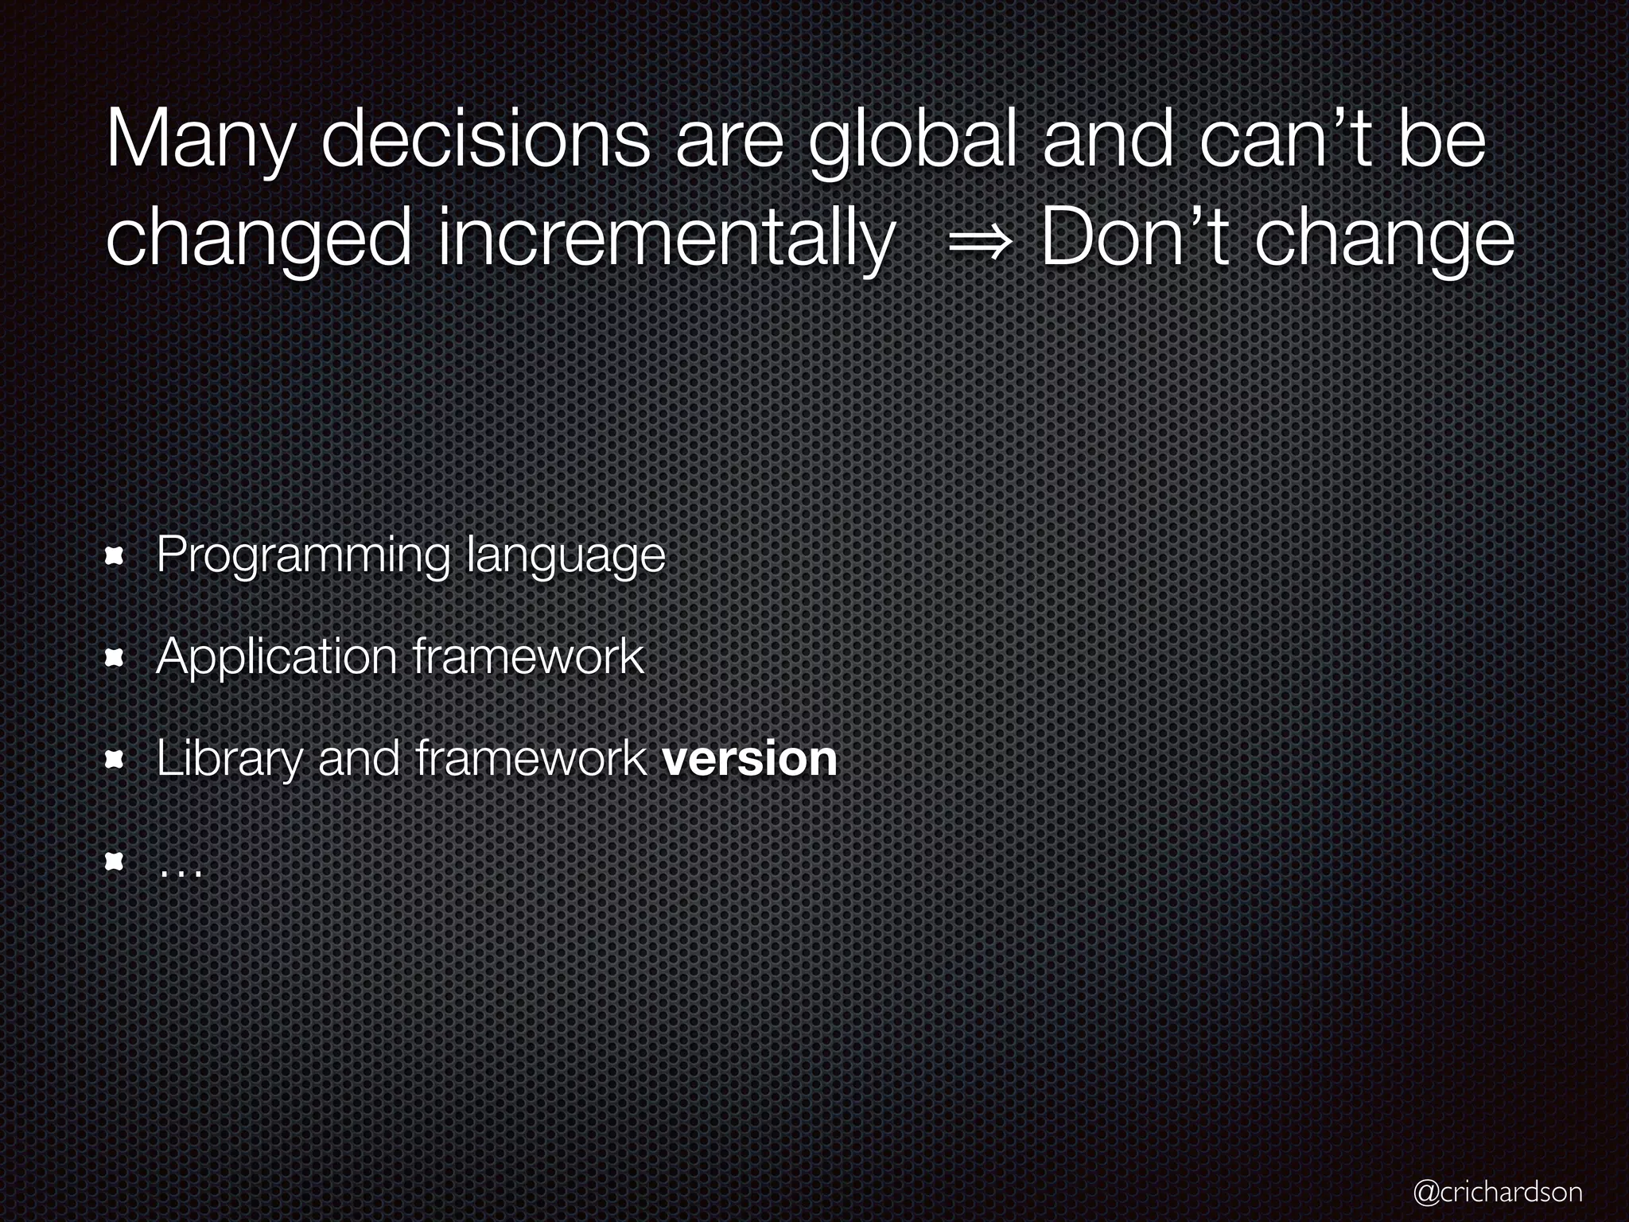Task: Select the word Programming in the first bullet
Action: pos(303,556)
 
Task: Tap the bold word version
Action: pos(749,758)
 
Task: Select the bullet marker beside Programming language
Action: pos(115,556)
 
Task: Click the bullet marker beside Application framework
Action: pos(115,658)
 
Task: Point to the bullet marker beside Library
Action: pos(115,760)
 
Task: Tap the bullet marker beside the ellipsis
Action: pos(115,862)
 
